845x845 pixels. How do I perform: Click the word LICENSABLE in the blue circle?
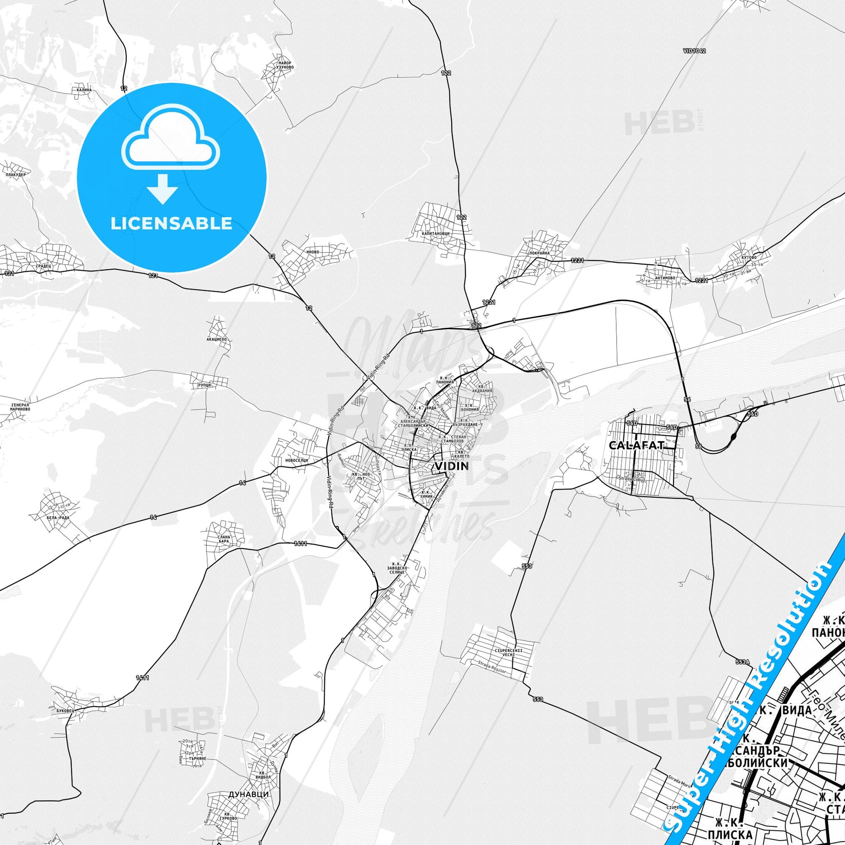point(172,224)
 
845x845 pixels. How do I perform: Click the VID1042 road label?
point(693,51)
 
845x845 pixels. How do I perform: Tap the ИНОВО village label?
point(313,252)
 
